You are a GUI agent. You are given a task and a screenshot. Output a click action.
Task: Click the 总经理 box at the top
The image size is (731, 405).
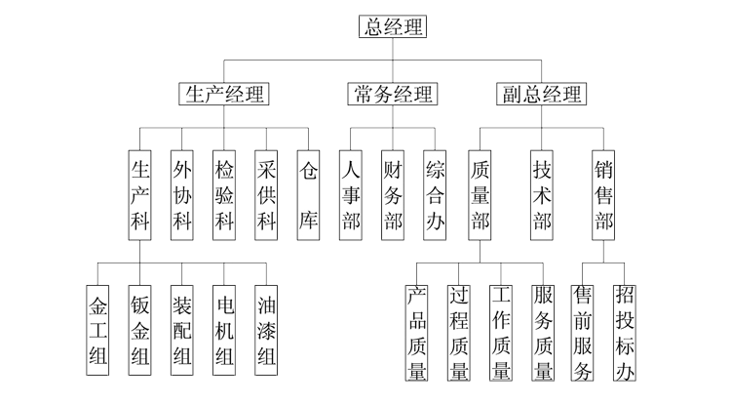tap(394, 26)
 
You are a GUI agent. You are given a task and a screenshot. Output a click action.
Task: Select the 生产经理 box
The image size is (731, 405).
tap(225, 94)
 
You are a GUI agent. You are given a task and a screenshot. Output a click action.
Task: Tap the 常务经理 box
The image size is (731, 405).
tap(393, 94)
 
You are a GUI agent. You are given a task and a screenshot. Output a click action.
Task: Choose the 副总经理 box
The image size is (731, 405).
tap(542, 94)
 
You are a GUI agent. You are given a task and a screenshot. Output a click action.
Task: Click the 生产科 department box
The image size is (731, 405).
tap(140, 194)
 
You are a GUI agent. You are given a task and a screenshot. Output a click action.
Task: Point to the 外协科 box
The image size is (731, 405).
tap(182, 194)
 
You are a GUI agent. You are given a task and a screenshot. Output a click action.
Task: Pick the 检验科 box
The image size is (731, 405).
tap(225, 194)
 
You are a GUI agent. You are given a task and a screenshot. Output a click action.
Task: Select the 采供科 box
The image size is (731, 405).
tap(267, 194)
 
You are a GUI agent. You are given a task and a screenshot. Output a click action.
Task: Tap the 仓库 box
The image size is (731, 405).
tap(309, 194)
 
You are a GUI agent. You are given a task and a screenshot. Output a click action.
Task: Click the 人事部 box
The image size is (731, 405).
tap(351, 194)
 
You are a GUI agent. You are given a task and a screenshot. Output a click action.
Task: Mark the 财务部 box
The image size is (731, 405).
tap(394, 194)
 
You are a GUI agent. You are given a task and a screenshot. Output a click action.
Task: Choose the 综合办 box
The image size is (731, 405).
tap(436, 194)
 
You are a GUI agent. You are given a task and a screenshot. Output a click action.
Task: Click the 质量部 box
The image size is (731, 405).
tap(480, 194)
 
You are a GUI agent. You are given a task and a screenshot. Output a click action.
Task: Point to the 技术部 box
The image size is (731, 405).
tap(543, 194)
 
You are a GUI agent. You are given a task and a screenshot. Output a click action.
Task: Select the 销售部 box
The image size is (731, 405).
tap(603, 194)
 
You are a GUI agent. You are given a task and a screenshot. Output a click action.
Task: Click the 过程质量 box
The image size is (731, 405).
tap(459, 333)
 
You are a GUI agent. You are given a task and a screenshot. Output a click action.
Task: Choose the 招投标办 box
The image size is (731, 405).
tap(625, 333)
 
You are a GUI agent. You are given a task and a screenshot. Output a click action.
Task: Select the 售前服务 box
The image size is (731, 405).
tap(584, 333)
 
